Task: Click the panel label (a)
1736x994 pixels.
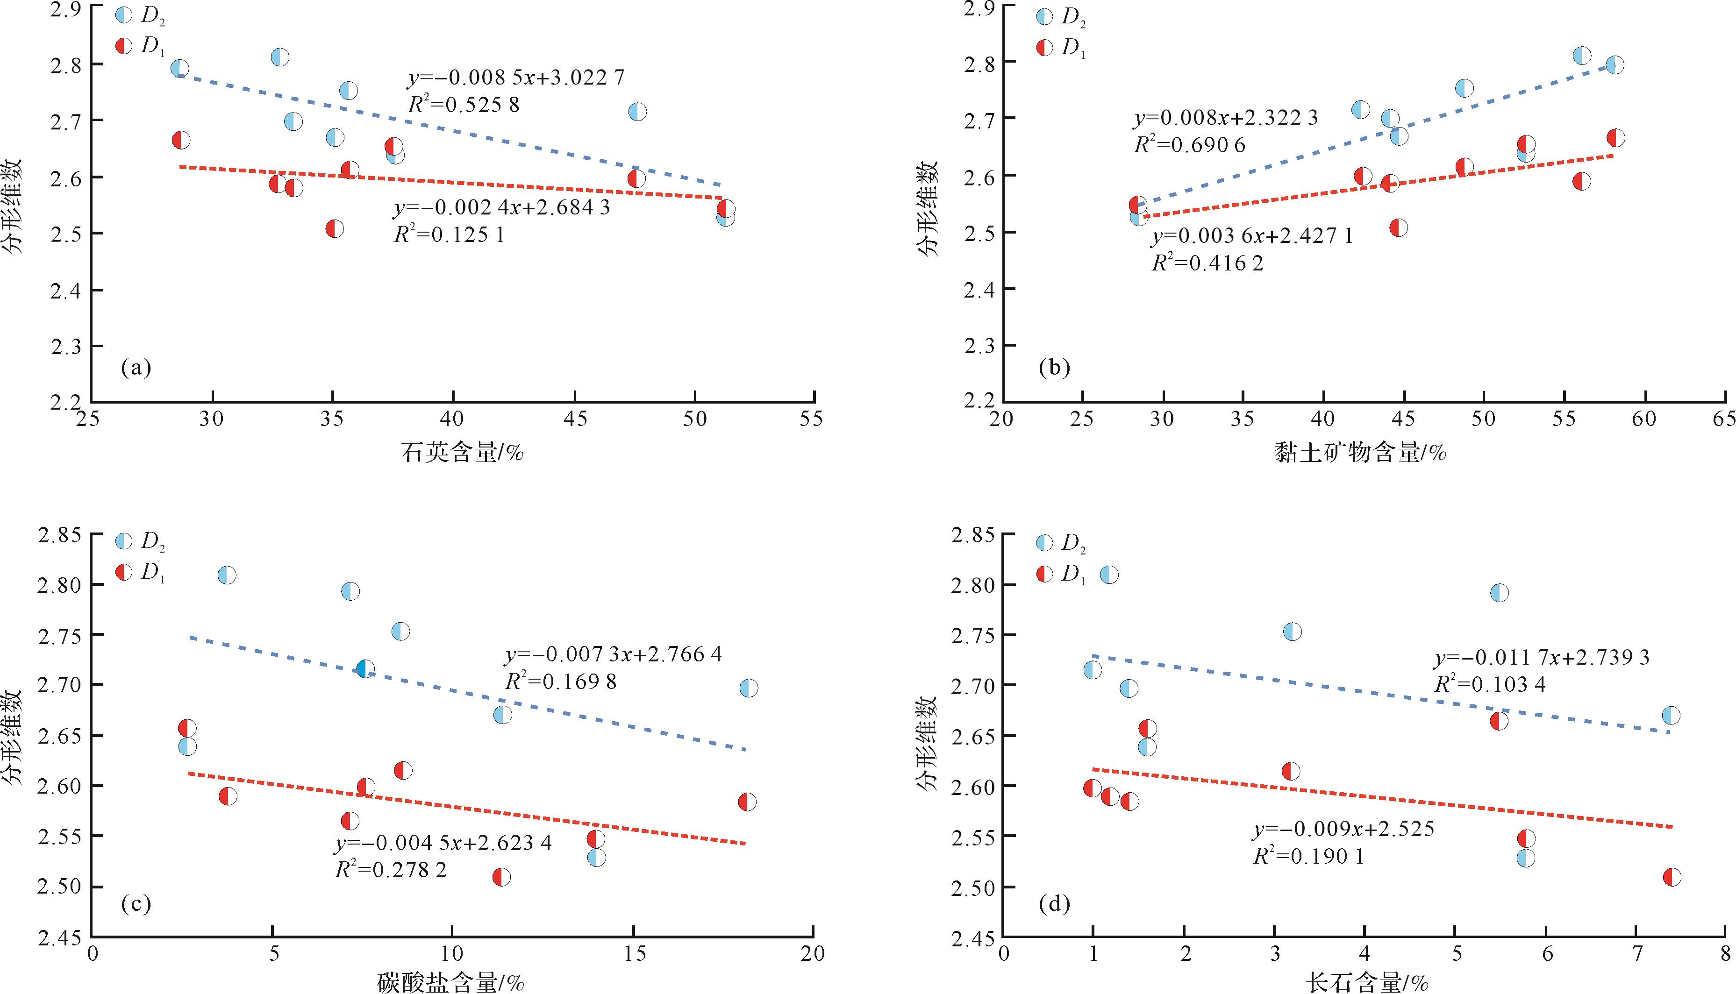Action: [x=135, y=369]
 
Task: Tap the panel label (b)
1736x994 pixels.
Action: [x=1054, y=369]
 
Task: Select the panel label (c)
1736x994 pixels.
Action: [x=135, y=905]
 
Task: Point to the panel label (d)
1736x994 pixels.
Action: [x=1054, y=905]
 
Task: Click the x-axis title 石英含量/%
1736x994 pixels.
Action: [x=462, y=453]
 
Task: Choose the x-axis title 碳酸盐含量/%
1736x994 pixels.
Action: [x=451, y=983]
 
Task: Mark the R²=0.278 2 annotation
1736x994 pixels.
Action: [x=391, y=870]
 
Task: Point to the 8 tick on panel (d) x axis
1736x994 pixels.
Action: [x=1724, y=953]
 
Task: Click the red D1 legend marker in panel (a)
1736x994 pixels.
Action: [x=124, y=46]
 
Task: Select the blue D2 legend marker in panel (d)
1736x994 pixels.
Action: [x=1045, y=543]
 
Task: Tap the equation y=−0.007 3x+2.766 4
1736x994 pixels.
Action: [x=613, y=655]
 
